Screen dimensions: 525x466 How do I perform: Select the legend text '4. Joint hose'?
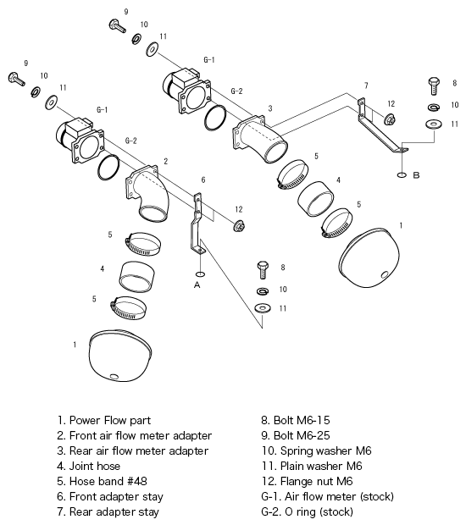[89, 465]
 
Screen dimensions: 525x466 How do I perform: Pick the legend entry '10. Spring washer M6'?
[316, 450]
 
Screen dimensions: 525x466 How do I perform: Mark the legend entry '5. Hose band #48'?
[100, 480]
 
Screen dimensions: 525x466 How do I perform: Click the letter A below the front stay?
[197, 285]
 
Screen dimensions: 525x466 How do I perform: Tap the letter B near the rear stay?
[416, 175]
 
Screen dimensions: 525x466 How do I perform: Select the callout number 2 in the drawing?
[165, 160]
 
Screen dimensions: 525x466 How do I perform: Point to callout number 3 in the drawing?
[269, 108]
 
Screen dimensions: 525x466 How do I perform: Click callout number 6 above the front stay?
[203, 180]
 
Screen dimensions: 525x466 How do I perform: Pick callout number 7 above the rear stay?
[365, 86]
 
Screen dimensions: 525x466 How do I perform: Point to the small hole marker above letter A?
[199, 274]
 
